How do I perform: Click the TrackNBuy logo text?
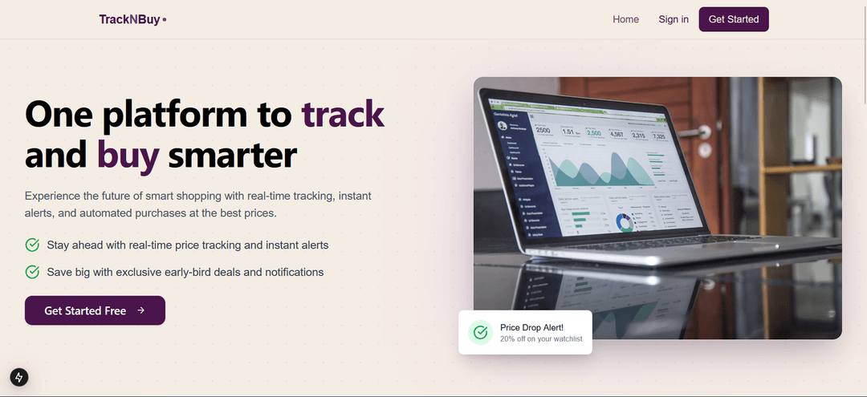click(129, 19)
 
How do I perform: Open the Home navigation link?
click(625, 19)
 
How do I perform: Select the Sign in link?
click(673, 19)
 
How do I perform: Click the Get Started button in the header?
click(733, 19)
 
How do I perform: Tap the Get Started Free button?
click(95, 310)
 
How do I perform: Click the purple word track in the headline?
click(343, 115)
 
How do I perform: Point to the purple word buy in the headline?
click(128, 156)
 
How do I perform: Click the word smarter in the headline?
click(232, 156)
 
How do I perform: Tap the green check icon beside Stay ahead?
click(32, 245)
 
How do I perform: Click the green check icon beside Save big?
click(32, 272)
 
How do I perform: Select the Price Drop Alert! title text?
click(531, 327)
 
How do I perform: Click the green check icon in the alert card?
click(480, 332)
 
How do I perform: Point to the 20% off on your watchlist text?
click(540, 339)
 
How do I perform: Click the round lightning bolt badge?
click(18, 377)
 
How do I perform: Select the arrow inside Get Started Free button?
click(140, 310)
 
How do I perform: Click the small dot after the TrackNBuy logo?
click(164, 19)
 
